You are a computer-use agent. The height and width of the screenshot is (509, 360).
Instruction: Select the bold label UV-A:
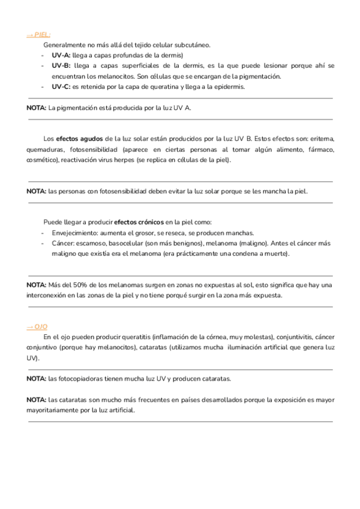[x=61, y=55]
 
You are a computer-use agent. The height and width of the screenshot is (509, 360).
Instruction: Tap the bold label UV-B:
[x=61, y=65]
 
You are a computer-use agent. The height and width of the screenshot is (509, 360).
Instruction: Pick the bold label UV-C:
[x=61, y=86]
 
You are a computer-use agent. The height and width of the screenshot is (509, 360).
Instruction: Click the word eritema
[x=322, y=139]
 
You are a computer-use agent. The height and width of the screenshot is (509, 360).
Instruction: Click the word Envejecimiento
[x=78, y=233]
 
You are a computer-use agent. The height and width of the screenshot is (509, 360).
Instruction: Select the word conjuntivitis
[x=294, y=337]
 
